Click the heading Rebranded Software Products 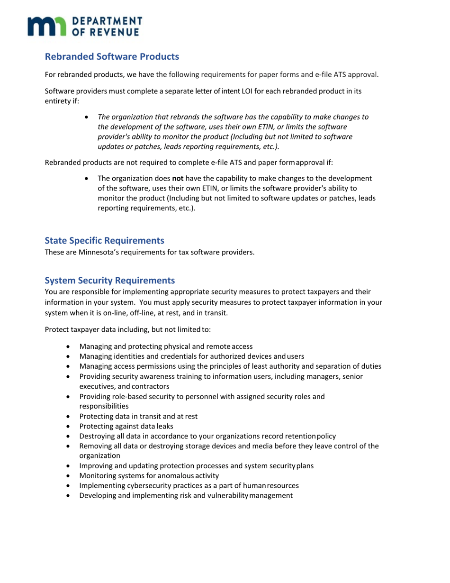(112, 57)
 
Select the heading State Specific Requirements (104, 241)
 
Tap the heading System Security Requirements (110, 281)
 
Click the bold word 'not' (178, 178)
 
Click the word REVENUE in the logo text (117, 32)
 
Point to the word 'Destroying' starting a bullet (97, 436)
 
